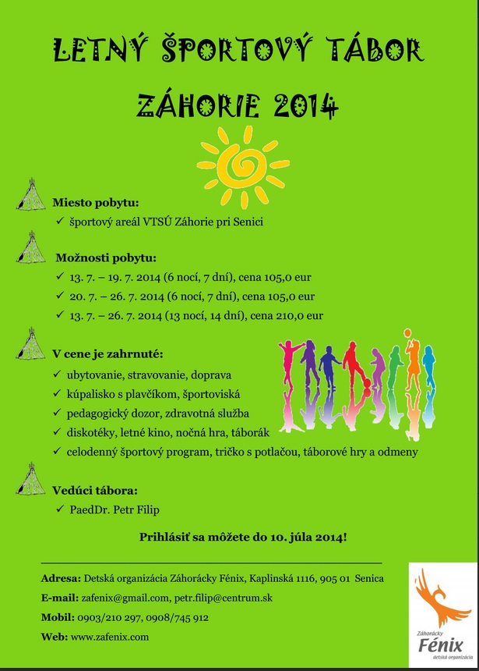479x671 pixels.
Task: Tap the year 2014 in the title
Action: coord(301,103)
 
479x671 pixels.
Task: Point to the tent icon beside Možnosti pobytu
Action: coord(31,248)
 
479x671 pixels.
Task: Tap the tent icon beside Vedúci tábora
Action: coord(31,479)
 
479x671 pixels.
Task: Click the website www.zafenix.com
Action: coord(109,637)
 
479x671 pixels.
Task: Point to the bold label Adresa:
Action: coord(61,578)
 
